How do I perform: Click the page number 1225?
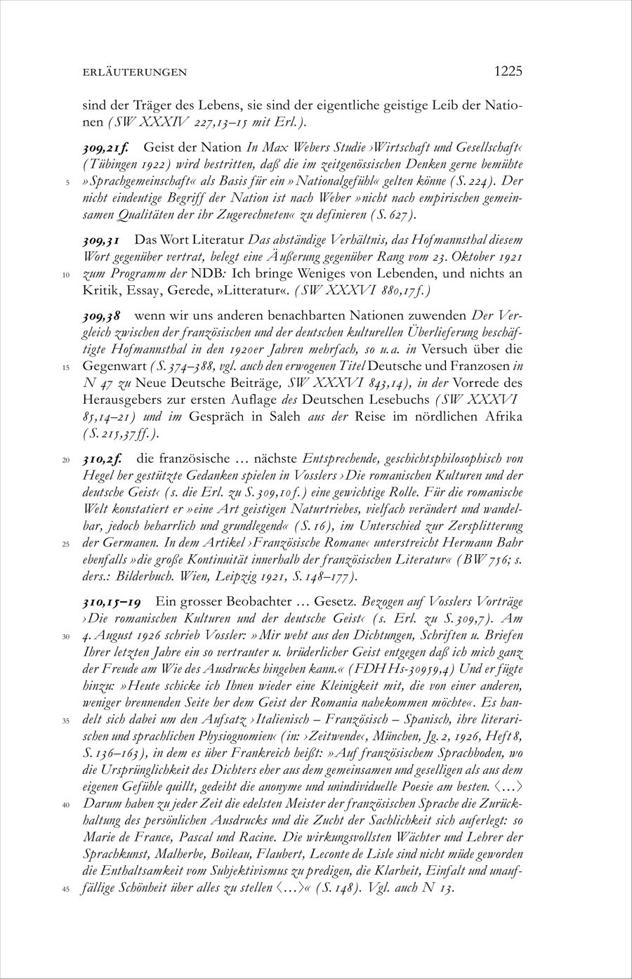point(508,71)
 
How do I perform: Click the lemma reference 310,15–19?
point(114,603)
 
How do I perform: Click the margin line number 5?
point(64,183)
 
